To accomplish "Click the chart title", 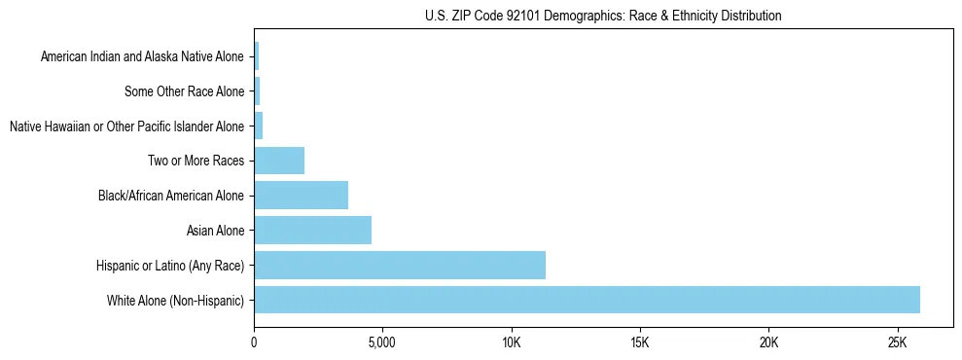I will pos(603,16).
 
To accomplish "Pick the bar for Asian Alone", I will pos(312,231).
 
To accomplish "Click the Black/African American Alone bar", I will pos(301,196).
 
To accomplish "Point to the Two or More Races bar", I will pos(279,161).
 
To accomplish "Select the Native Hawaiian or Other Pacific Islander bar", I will pos(259,126).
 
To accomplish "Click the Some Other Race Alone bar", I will pos(257,91).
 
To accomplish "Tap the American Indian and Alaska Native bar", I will pos(257,56).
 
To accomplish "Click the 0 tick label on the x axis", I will pos(254,342).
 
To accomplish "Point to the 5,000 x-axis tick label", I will pos(382,342).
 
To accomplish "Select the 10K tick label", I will pos(512,342).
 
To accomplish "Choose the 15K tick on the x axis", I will pos(640,342).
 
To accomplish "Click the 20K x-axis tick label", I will pos(768,342).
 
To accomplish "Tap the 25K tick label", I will pos(897,342).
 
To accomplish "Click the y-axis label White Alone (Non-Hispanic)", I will pos(175,301).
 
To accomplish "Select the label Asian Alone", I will pos(215,231).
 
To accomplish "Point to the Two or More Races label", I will pos(196,162).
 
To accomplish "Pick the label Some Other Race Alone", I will pos(185,91).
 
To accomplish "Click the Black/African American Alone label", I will pos(171,197).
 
